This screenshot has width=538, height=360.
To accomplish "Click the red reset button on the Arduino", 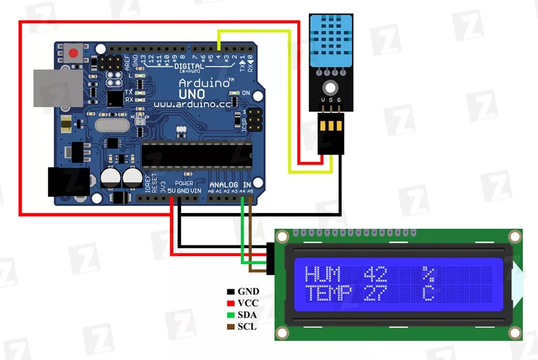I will click(x=74, y=53).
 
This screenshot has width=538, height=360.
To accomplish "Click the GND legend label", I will click(x=248, y=292).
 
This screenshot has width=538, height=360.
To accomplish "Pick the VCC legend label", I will click(x=248, y=303).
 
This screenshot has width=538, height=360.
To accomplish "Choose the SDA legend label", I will click(x=247, y=315).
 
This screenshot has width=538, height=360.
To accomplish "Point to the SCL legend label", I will click(x=247, y=327).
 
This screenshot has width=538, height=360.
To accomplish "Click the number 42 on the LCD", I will click(x=375, y=275).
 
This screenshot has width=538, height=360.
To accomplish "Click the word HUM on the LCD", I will click(x=323, y=275).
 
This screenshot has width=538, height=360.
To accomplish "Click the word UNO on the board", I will click(x=192, y=94).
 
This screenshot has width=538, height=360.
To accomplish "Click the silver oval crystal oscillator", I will click(x=111, y=125).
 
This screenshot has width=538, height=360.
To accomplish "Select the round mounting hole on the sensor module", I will click(x=329, y=87).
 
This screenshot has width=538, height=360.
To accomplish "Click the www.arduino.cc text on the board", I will click(x=193, y=104).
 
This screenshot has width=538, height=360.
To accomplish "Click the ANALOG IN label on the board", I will click(x=231, y=185).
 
